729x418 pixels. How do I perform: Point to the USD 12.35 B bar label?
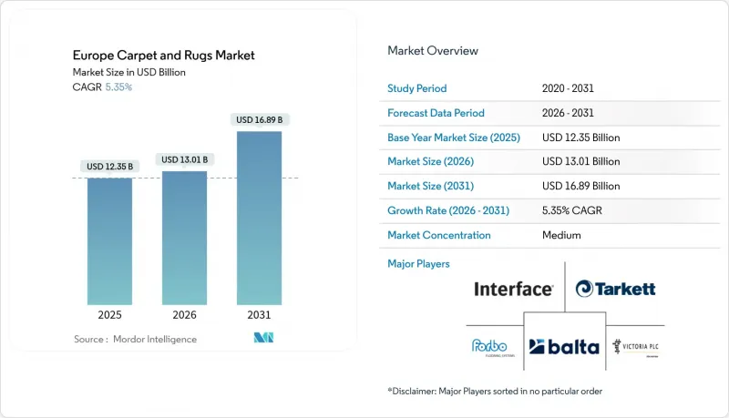(110, 167)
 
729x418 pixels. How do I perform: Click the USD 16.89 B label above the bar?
(259, 119)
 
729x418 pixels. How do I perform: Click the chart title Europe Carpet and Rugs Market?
(163, 56)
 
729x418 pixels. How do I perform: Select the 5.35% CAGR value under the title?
(118, 87)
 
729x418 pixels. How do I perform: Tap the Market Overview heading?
(433, 51)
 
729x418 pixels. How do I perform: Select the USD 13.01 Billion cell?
(580, 162)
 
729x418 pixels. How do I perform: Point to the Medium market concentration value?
(561, 235)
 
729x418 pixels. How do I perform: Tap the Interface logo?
(513, 290)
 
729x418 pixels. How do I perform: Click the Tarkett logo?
(616, 290)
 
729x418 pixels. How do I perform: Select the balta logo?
(564, 345)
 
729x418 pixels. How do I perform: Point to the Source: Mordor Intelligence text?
(135, 340)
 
